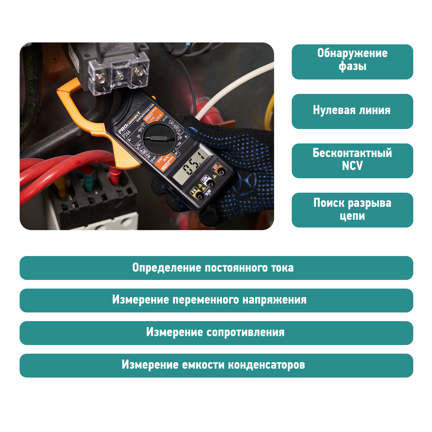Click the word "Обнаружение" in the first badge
pos(352,53)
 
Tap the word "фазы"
pos(352,66)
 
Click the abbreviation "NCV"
pos(352,166)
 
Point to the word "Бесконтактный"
pos(352,153)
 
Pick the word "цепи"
pos(352,216)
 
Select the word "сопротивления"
pos(245,332)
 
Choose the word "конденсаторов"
pos(266,365)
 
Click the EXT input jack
pos(221,172)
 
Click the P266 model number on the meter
pos(126,134)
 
